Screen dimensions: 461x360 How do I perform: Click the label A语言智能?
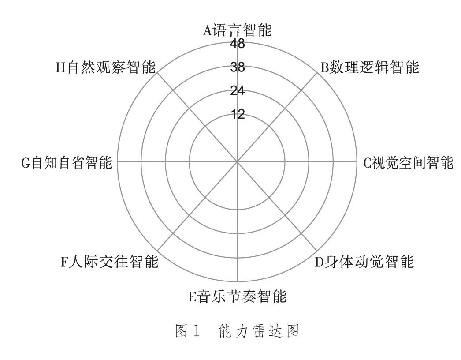pyautogui.click(x=237, y=31)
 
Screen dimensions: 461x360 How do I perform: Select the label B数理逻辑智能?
pyautogui.click(x=369, y=67)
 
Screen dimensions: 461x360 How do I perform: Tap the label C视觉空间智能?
pyautogui.click(x=408, y=162)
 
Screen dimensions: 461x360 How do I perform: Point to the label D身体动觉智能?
pyautogui.click(x=364, y=262)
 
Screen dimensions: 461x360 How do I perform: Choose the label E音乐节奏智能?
pyautogui.click(x=237, y=296)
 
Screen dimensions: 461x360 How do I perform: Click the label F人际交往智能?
pyautogui.click(x=109, y=262)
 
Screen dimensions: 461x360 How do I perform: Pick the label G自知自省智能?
pyautogui.click(x=67, y=162)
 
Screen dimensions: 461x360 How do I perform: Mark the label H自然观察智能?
pyautogui.click(x=105, y=67)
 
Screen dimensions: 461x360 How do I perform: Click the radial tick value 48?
pyautogui.click(x=237, y=44)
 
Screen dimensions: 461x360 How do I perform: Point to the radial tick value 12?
pyautogui.click(x=237, y=115)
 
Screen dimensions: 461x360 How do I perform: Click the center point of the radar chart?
pyautogui.click(x=237, y=162)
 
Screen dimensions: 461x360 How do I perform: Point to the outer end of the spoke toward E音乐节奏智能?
pyautogui.click(x=237, y=281)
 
